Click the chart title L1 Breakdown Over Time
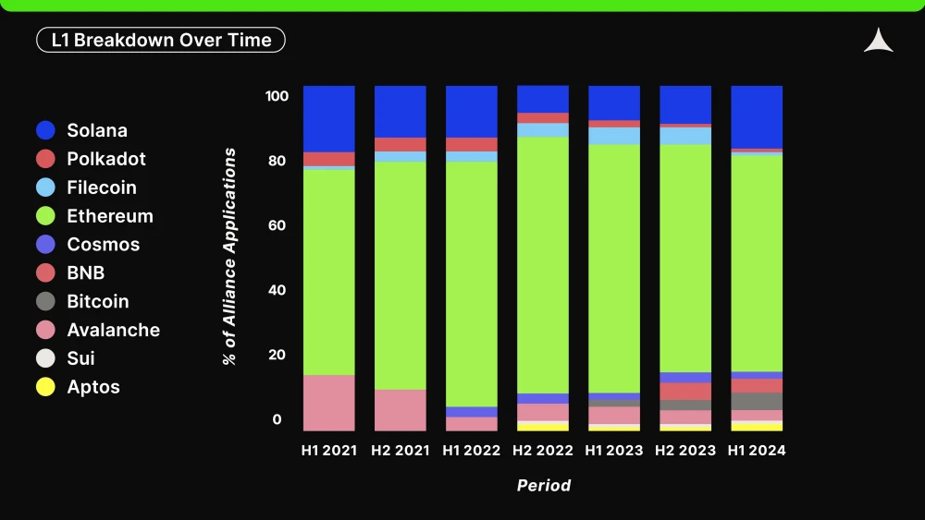click(161, 40)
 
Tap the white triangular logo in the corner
click(879, 40)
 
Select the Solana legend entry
click(81, 130)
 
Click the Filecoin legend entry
click(86, 187)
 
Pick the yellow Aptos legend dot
click(45, 387)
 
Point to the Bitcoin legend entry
click(82, 301)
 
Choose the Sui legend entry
click(66, 358)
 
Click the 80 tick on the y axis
click(277, 161)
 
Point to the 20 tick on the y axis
click(277, 355)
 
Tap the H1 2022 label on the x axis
click(472, 451)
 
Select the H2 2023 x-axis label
click(684, 451)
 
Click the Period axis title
click(544, 485)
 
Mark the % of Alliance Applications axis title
click(229, 256)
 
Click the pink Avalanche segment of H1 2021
click(329, 403)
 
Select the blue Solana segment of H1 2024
click(757, 117)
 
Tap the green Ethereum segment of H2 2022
click(543, 265)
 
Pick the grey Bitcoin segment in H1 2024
click(757, 401)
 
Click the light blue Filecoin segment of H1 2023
click(614, 136)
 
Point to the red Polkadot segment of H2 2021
click(400, 144)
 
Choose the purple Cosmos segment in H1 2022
click(472, 412)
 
